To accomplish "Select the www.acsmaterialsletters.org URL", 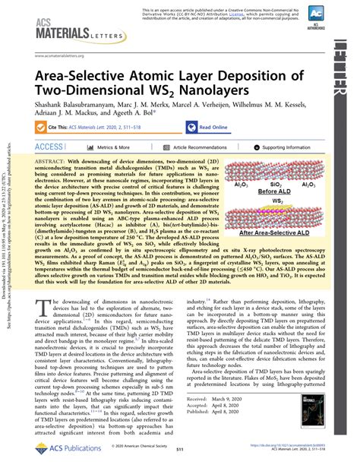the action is (65, 55).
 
